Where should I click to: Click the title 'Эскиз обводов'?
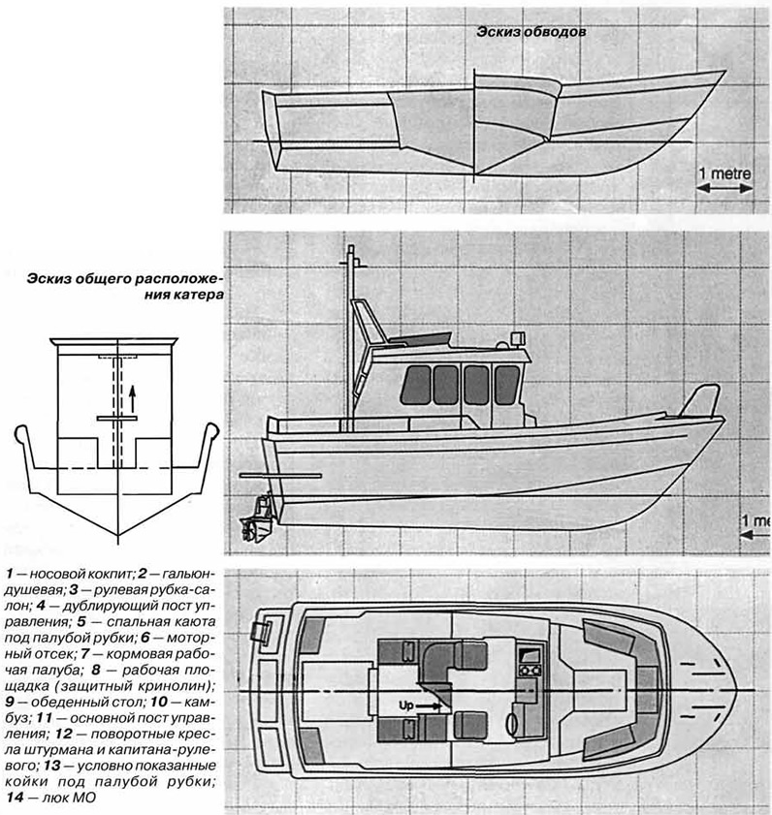click(x=531, y=32)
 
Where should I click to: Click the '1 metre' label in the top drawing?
click(x=724, y=173)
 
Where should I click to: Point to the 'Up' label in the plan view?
click(x=405, y=705)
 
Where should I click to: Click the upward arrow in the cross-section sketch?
click(x=133, y=398)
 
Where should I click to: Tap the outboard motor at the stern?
click(x=257, y=519)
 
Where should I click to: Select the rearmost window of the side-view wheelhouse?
click(x=416, y=385)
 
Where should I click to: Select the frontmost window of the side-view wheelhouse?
click(x=507, y=385)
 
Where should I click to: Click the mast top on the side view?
click(x=351, y=249)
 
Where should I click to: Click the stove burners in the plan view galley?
click(x=530, y=671)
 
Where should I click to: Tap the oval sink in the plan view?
click(x=512, y=724)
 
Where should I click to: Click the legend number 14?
click(x=16, y=798)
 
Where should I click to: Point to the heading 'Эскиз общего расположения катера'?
click(x=125, y=287)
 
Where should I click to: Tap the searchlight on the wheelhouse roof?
click(x=518, y=338)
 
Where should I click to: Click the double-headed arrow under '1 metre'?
click(x=724, y=188)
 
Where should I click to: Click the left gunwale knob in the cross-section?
click(x=20, y=433)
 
